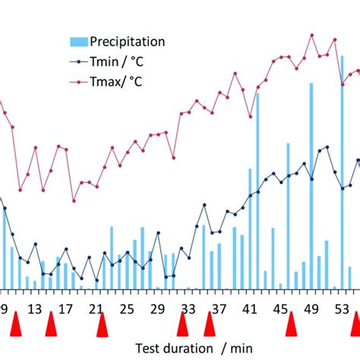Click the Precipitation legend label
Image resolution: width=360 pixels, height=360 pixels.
tap(127, 42)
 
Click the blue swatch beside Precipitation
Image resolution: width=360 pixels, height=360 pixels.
tap(78, 42)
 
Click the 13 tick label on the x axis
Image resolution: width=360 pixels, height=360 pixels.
tap(35, 308)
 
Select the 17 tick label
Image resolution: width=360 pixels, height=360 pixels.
tap(65, 308)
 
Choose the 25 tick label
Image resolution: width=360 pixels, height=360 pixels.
tap(127, 308)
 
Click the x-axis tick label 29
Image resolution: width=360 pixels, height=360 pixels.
tap(157, 308)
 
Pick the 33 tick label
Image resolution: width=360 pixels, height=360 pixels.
tap(188, 308)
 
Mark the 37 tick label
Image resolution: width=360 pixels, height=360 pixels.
tap(219, 308)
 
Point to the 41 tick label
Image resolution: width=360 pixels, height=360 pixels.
tap(249, 308)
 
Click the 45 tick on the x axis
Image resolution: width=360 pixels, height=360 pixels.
tap(280, 308)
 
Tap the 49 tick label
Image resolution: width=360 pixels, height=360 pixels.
tap(311, 308)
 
